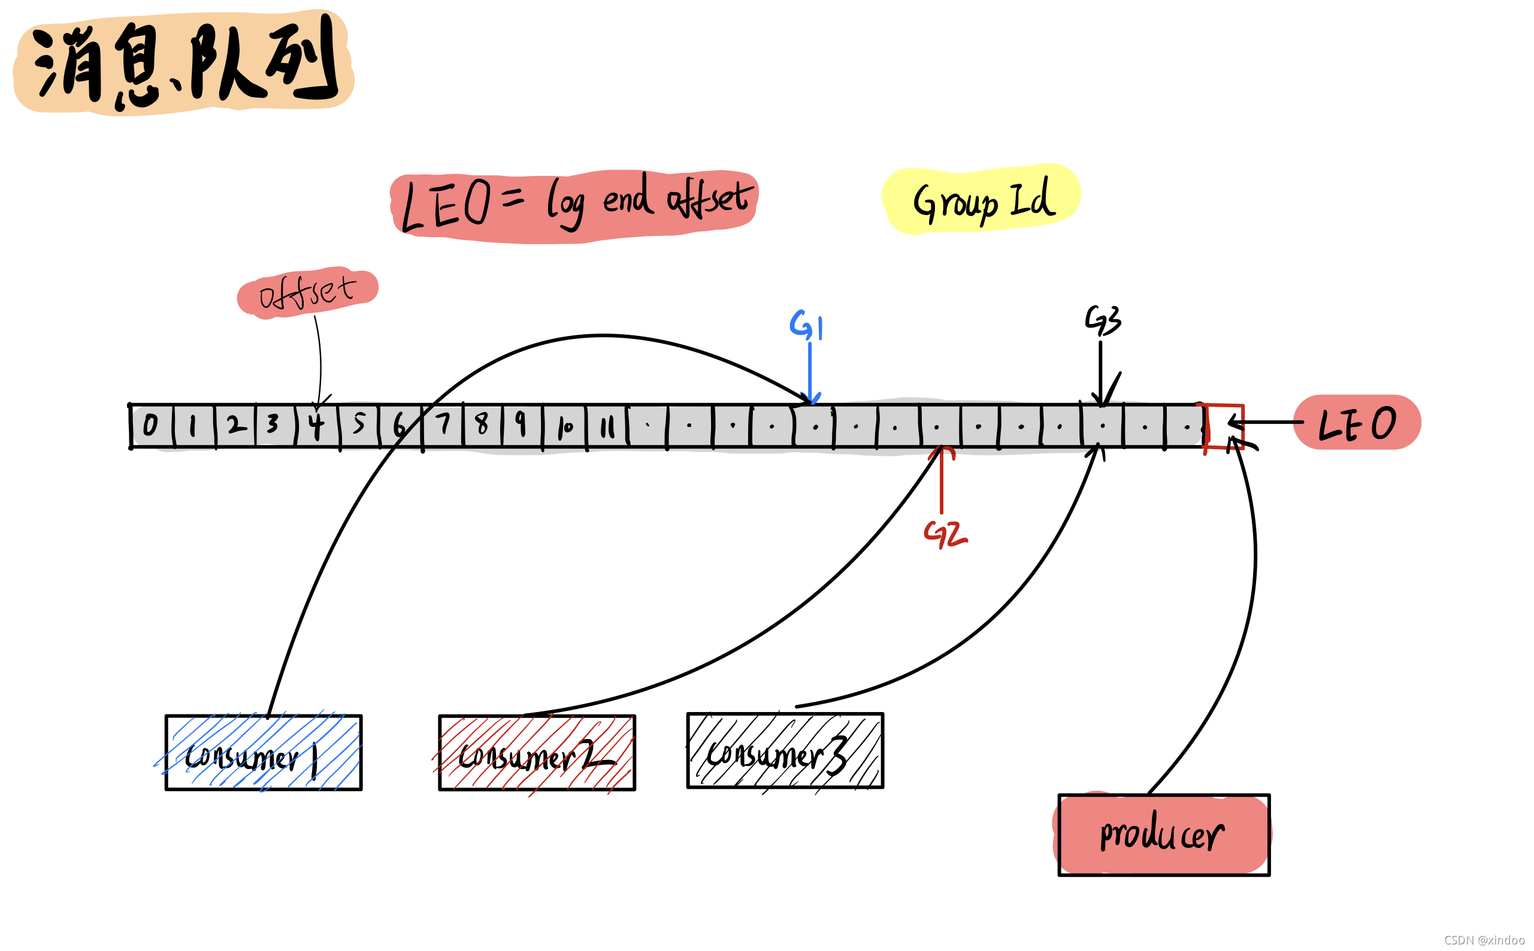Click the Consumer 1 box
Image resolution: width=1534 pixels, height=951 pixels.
[x=263, y=752]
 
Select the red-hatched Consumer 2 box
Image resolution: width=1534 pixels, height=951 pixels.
[x=537, y=752]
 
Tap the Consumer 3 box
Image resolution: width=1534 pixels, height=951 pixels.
[x=784, y=750]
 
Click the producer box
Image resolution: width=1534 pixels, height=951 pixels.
[x=1164, y=835]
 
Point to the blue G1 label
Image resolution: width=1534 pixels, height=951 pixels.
[x=806, y=325]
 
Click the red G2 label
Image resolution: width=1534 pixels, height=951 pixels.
[x=945, y=534]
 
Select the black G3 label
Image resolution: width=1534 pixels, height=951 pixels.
[x=1103, y=320]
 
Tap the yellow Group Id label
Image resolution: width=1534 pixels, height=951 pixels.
[x=982, y=199]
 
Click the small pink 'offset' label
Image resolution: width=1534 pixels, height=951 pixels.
[x=307, y=291]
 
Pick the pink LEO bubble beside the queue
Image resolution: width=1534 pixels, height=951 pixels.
[x=1357, y=423]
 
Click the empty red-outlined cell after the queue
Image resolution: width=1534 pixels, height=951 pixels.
[x=1224, y=426]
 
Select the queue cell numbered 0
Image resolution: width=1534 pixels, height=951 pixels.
[x=152, y=426]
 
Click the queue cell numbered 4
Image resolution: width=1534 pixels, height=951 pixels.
[x=316, y=426]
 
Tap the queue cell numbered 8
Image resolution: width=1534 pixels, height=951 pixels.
[x=482, y=426]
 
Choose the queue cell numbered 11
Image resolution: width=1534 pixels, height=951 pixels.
[x=607, y=426]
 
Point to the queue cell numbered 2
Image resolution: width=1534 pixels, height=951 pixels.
[x=235, y=426]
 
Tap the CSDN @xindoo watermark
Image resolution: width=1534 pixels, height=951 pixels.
[x=1484, y=940]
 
